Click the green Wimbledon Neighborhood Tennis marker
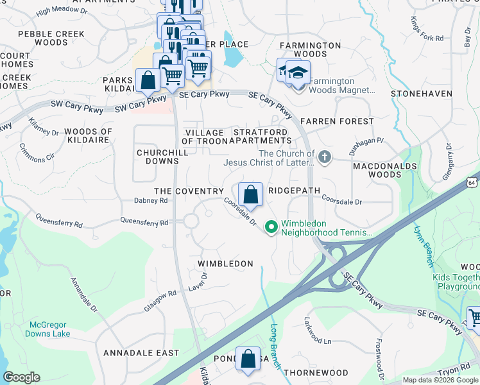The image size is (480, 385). (x=271, y=227)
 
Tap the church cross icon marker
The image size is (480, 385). (x=325, y=157)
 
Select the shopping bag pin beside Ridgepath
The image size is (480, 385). (x=250, y=194)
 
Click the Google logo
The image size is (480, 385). (x=22, y=377)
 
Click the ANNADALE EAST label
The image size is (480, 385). (x=141, y=353)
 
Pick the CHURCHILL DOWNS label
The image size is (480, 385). (x=157, y=157)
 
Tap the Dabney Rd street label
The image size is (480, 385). (x=151, y=200)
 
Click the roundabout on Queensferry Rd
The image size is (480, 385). (x=191, y=221)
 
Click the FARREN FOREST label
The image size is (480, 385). (x=337, y=121)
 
